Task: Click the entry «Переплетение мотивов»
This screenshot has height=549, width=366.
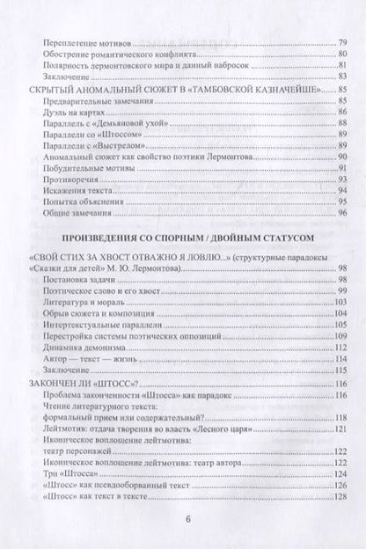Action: [89, 40]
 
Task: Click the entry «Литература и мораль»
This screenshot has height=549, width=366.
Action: [87, 302]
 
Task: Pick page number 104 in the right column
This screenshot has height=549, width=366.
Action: [340, 314]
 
